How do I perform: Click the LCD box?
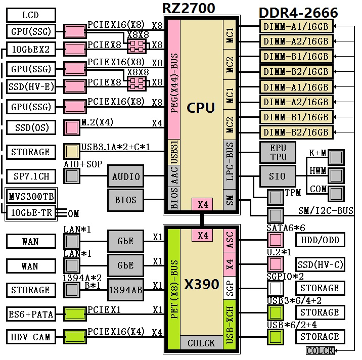click(x=30, y=15)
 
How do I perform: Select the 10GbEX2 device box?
click(x=30, y=49)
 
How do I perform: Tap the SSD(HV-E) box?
click(x=30, y=86)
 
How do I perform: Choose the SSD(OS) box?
click(x=30, y=127)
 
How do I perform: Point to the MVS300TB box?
click(x=31, y=196)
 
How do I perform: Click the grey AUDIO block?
click(x=125, y=176)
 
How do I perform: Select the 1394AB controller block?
click(x=125, y=290)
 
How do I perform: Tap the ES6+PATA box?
click(x=30, y=314)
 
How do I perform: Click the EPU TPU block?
click(x=278, y=152)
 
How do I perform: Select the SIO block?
click(x=278, y=176)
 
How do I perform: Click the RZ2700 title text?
click(x=189, y=9)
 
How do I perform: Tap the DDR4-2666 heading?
click(x=298, y=13)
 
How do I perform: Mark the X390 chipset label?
click(x=201, y=284)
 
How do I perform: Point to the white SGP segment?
click(x=230, y=288)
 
